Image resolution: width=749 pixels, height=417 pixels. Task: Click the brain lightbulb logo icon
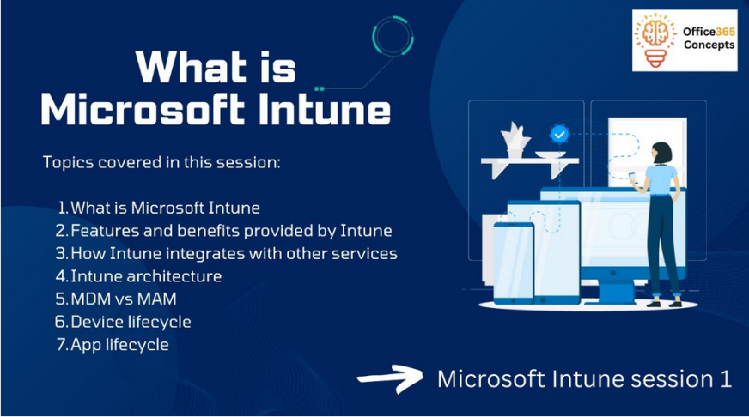pos(655,40)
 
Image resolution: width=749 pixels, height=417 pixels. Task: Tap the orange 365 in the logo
pos(726,32)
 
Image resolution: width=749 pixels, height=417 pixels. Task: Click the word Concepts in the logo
pos(709,45)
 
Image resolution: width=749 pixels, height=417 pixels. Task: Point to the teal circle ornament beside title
pos(393,36)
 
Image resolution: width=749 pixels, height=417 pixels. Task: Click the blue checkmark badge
pos(559,134)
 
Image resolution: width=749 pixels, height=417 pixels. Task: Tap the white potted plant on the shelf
pos(515,140)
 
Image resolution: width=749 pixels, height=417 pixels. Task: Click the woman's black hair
pos(662,153)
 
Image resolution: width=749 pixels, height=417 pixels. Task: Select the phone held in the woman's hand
pos(632,178)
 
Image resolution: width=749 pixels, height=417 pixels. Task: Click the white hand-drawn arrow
pos(390,379)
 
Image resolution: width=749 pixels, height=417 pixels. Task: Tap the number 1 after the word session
pos(725,379)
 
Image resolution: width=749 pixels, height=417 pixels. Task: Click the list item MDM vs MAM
pos(124,299)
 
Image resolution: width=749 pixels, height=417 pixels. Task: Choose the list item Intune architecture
pos(146,276)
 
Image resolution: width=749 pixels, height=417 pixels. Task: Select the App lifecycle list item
pos(120,345)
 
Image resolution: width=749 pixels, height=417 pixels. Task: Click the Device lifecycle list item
pos(131,322)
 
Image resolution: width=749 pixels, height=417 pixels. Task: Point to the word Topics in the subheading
pos(69,163)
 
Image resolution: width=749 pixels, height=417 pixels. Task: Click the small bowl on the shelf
pos(551,154)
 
